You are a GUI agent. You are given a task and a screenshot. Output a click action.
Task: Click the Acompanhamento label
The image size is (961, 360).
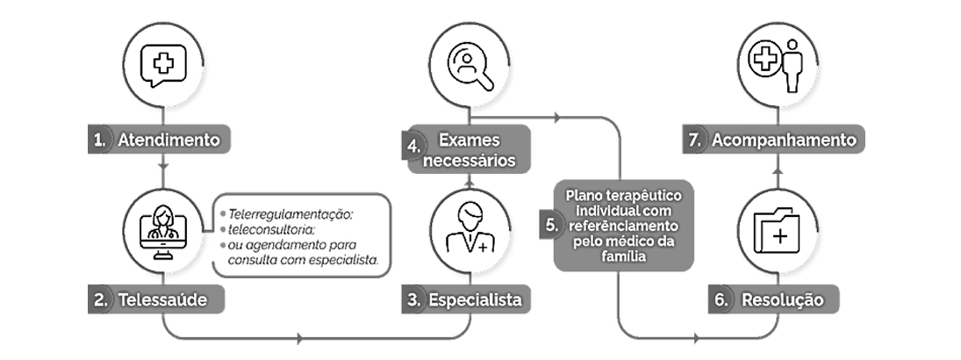pyautogui.click(x=784, y=140)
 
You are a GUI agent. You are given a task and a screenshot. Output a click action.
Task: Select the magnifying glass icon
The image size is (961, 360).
pyautogui.click(x=470, y=67)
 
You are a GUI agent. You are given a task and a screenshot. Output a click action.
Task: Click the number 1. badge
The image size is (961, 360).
pyautogui.click(x=99, y=140)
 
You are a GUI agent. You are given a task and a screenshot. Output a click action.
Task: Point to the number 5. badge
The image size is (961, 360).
pyautogui.click(x=551, y=225)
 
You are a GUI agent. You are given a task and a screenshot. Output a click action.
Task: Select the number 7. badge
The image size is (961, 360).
pyautogui.click(x=695, y=140)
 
